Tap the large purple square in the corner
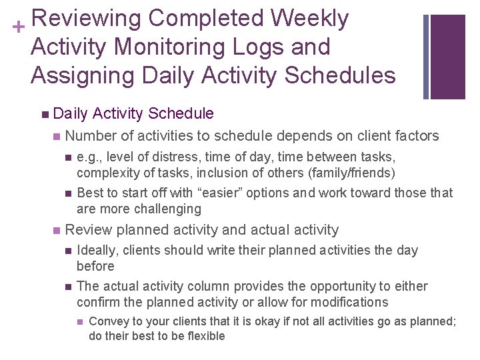click(x=447, y=56)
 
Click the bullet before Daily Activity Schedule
click(x=44, y=114)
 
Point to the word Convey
click(x=107, y=322)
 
